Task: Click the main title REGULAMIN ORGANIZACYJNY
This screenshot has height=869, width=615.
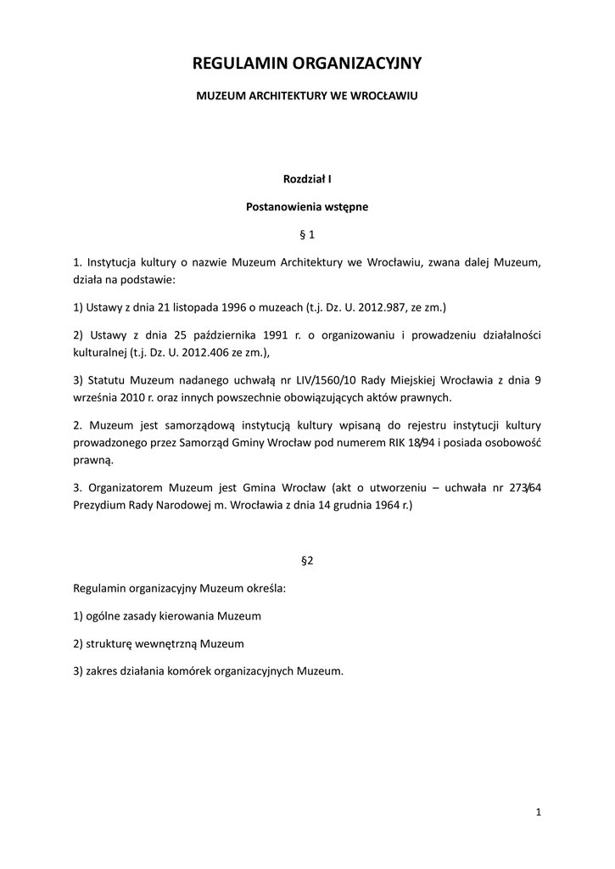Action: click(307, 64)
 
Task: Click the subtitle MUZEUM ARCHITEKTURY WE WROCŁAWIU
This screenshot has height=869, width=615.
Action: click(307, 97)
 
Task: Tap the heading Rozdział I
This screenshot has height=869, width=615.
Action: click(307, 179)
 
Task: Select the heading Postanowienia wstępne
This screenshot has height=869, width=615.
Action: click(307, 206)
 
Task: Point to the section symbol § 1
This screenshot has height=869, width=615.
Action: click(307, 233)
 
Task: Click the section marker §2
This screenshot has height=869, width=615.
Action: click(307, 561)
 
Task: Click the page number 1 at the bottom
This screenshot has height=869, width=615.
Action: click(539, 812)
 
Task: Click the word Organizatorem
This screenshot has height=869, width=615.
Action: click(126, 489)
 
